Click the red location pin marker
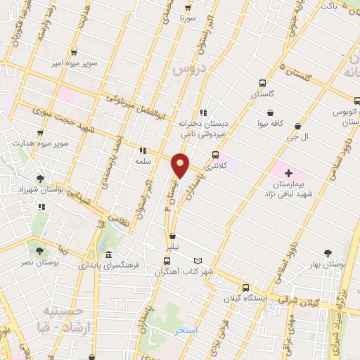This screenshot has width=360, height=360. point(181,165)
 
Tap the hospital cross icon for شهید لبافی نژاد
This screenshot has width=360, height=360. point(289,172)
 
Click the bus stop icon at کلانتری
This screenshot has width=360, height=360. point(215,155)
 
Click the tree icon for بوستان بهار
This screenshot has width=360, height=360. point(328,253)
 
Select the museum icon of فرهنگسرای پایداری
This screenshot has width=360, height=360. point(108,255)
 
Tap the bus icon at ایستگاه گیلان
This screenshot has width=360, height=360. point(245,287)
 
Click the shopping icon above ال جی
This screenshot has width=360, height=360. point(297,127)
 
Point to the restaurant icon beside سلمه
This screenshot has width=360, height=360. point(143,150)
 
